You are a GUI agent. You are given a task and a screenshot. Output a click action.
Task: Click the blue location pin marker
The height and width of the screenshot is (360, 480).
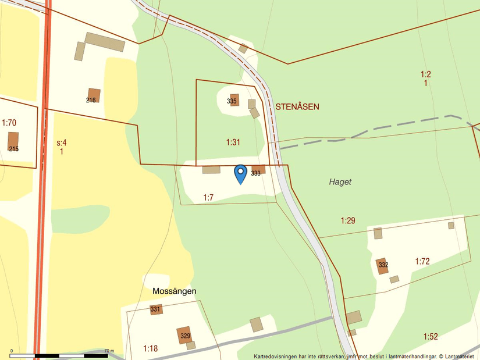pyautogui.click(x=240, y=173)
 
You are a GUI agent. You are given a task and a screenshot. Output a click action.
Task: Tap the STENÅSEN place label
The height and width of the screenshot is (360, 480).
pyautogui.click(x=297, y=107)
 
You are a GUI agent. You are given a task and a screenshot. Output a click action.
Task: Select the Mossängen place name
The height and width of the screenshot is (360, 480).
pyautogui.click(x=174, y=291)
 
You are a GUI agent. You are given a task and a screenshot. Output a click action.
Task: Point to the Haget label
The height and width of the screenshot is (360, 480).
pyautogui.click(x=340, y=182)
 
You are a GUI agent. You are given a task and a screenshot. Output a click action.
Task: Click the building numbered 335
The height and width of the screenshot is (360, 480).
pyautogui.click(x=234, y=100)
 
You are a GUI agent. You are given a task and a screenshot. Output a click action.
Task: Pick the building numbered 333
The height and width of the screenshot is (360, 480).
pyautogui.click(x=258, y=170)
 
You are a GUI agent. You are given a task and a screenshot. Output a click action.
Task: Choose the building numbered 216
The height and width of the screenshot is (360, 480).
pyautogui.click(x=94, y=95)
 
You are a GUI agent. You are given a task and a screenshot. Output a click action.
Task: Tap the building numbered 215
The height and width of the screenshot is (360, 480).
pyautogui.click(x=13, y=141)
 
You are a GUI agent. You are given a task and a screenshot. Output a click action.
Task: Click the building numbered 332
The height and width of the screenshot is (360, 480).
pyautogui.click(x=382, y=266)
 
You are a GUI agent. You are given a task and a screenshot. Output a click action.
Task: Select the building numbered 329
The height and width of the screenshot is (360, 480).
pyautogui.click(x=184, y=335)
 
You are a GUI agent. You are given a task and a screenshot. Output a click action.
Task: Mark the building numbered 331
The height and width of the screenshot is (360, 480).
pyautogui.click(x=156, y=309)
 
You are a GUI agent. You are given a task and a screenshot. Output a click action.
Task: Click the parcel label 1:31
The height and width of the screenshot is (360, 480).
pyautogui.click(x=233, y=142)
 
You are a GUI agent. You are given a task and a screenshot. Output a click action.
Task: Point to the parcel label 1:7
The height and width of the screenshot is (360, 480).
pyautogui.click(x=209, y=198)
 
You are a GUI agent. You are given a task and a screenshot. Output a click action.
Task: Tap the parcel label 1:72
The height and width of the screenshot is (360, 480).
pyautogui.click(x=422, y=261)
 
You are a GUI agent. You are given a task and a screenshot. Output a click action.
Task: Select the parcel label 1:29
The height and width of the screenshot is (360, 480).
pyautogui.click(x=348, y=220)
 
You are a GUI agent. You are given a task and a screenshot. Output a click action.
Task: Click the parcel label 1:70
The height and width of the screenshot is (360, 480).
pyautogui.click(x=9, y=123)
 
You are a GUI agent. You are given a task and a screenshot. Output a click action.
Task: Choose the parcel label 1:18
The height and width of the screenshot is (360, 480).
pyautogui.click(x=150, y=348)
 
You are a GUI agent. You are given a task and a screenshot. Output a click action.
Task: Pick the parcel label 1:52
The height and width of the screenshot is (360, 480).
pyautogui.click(x=431, y=336)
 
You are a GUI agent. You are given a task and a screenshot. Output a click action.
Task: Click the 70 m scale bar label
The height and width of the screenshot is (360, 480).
pyautogui.click(x=109, y=351)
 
